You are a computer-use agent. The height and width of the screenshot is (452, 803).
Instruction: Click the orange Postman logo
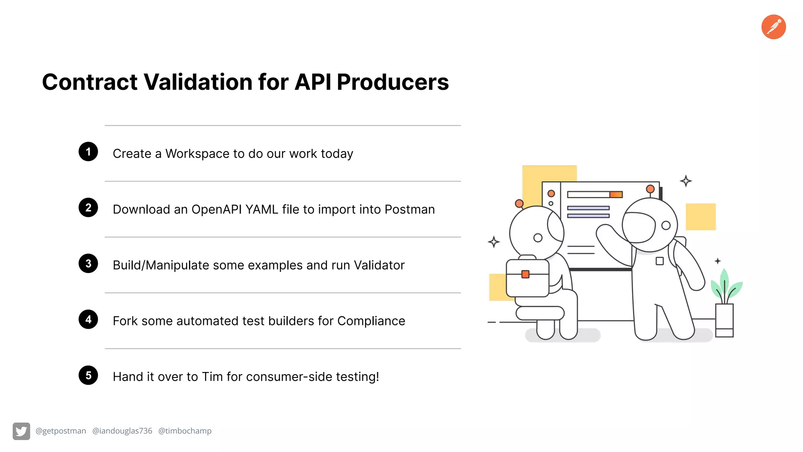point(773,27)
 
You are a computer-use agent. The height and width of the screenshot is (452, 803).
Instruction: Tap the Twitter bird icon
point(21,431)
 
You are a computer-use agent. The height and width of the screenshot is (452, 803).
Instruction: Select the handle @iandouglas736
point(122,431)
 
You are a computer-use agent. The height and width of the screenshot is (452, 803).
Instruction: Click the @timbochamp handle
point(185,431)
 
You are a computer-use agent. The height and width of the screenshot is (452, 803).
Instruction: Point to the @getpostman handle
point(61,431)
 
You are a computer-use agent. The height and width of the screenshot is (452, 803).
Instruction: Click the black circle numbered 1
point(88,151)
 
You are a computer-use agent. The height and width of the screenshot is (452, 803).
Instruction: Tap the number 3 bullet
point(88,263)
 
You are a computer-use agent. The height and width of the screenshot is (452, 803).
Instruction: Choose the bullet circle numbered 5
point(88,375)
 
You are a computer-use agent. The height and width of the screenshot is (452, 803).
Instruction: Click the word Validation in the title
point(198,82)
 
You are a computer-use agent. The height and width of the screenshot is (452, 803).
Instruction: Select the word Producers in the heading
point(392,82)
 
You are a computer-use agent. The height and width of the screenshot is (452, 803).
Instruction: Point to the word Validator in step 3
point(379,265)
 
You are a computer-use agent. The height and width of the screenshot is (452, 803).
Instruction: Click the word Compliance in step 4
point(371,321)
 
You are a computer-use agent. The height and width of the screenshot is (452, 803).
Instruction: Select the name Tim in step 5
point(212,377)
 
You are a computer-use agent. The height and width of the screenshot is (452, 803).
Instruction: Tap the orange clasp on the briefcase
point(525,274)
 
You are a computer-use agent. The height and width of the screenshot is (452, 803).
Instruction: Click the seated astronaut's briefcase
point(527,279)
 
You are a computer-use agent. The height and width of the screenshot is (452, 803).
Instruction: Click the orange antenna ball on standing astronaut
point(650,189)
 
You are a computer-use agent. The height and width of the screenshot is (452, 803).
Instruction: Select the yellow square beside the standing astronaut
point(700,217)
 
